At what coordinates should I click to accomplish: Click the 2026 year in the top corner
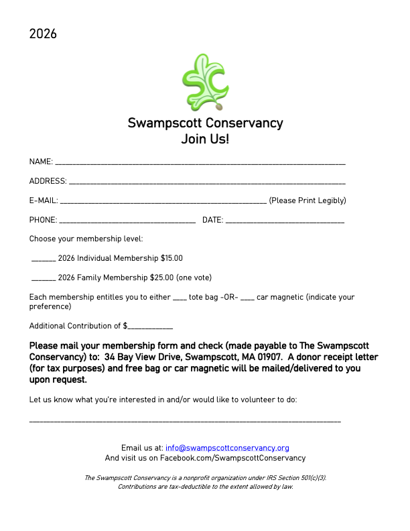pyautogui.click(x=43, y=34)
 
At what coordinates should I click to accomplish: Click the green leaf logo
pyautogui.click(x=205, y=82)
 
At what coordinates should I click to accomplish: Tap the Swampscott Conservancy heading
pyautogui.click(x=205, y=123)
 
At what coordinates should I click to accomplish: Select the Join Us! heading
pyautogui.click(x=205, y=139)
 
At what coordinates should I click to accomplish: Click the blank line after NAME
pyautogui.click(x=200, y=163)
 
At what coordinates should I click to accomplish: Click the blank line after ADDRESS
pyautogui.click(x=207, y=182)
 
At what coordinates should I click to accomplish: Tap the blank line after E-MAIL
pyautogui.click(x=163, y=201)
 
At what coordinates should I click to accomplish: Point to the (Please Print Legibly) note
pyautogui.click(x=307, y=200)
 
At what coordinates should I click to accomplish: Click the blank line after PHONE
pyautogui.click(x=127, y=221)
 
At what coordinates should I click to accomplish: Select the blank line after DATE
pyautogui.click(x=285, y=221)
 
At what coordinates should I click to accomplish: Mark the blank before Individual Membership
pyautogui.click(x=44, y=259)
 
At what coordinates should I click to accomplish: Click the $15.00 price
pyautogui.click(x=172, y=258)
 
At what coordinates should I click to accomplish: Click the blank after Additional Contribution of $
pyautogui.click(x=150, y=327)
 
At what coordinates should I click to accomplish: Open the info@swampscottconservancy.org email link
pyautogui.click(x=227, y=448)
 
